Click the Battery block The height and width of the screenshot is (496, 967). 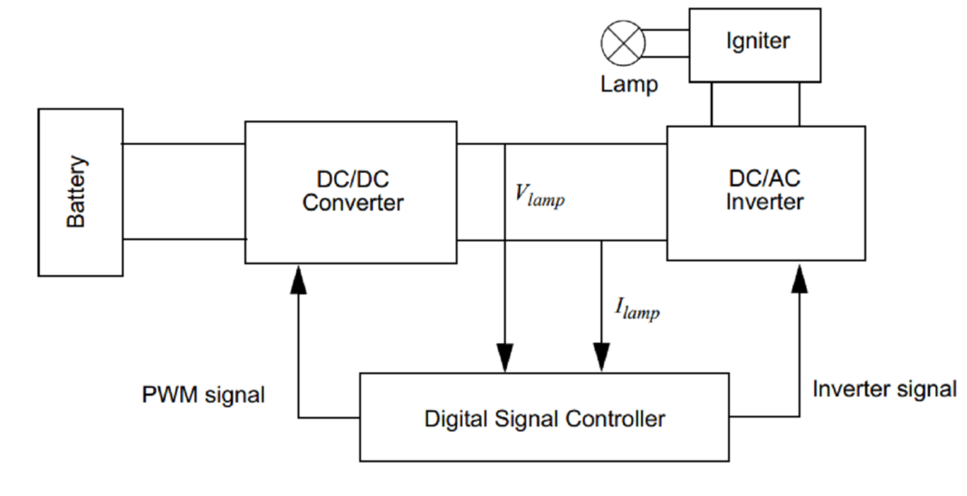[x=80, y=192]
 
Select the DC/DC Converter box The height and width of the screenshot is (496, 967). [x=350, y=192]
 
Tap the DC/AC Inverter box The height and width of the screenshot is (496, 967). [x=763, y=192]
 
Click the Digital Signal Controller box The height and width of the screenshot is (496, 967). [x=544, y=418]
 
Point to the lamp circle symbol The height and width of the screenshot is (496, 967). [x=623, y=44]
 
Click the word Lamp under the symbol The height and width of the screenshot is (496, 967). [x=628, y=86]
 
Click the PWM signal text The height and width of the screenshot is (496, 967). [x=204, y=395]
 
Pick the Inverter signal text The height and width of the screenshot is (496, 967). [x=884, y=389]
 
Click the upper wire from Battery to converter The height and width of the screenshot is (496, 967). [x=184, y=143]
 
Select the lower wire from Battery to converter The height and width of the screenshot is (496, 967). [x=184, y=239]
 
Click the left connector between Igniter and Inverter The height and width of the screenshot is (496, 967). [x=712, y=104]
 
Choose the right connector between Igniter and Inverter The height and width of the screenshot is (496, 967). [x=799, y=104]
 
